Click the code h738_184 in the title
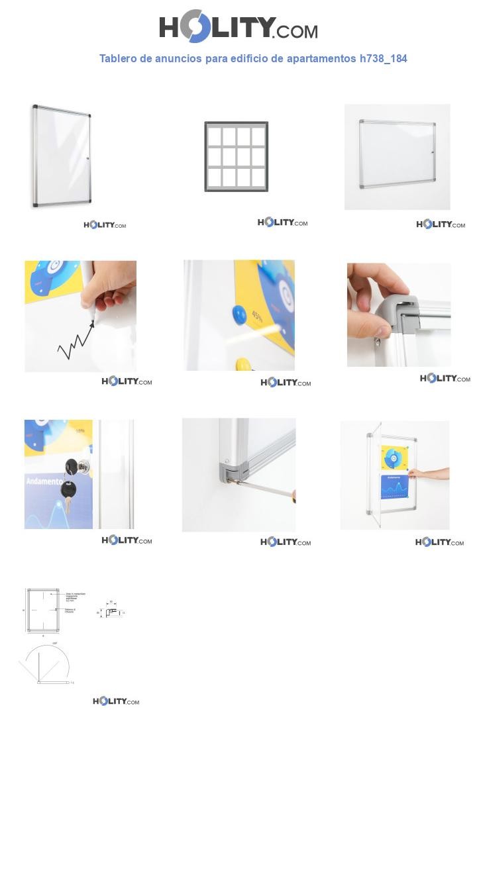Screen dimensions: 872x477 tap(383, 58)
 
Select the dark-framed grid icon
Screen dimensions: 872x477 tap(236, 157)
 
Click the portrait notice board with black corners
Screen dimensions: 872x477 tap(62, 156)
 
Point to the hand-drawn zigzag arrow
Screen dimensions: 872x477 tap(75, 342)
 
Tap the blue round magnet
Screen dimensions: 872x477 tap(238, 315)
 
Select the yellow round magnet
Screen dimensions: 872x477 tap(244, 363)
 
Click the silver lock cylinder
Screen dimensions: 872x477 tap(83, 467)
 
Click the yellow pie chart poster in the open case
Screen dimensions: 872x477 tap(394, 458)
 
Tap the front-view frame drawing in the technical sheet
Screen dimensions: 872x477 tap(43, 610)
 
